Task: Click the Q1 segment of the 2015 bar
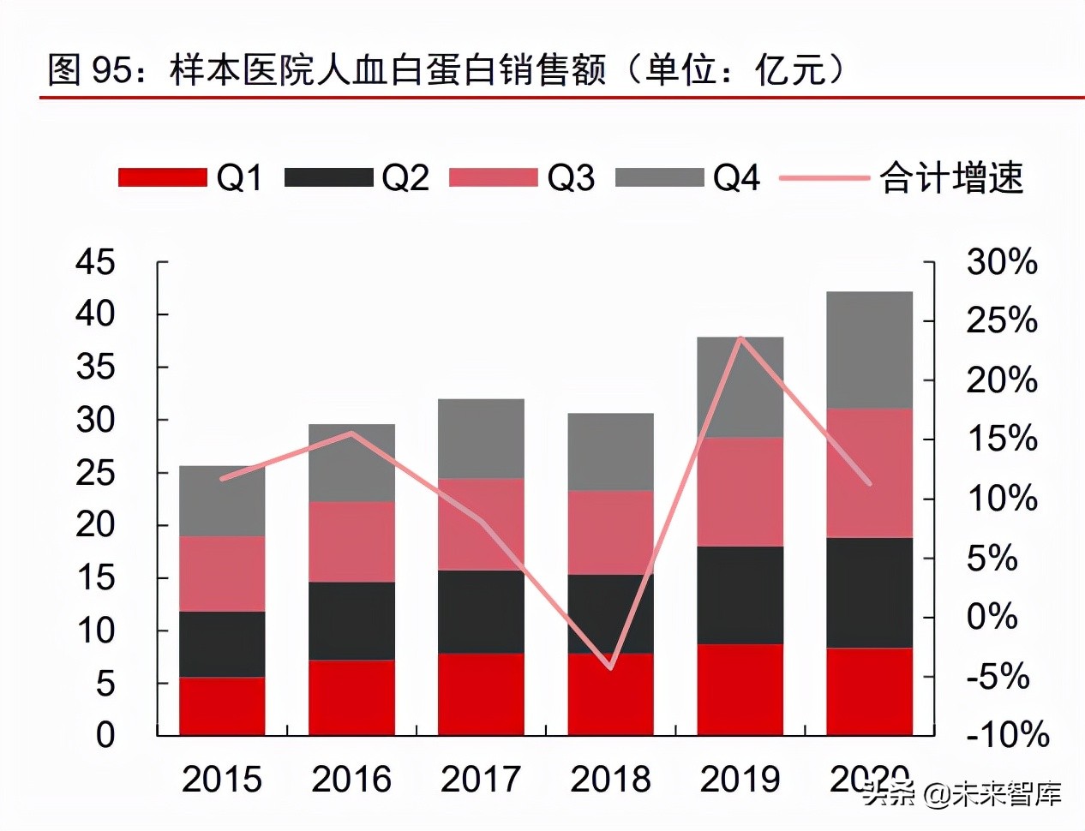point(222,706)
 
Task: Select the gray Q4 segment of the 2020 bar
point(869,350)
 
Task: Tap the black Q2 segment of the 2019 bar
point(740,595)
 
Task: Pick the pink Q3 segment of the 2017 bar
point(481,523)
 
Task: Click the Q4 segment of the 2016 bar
point(351,463)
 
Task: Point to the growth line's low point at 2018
point(610,667)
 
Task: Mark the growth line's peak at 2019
point(740,338)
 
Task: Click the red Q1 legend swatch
point(162,177)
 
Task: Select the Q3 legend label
point(570,177)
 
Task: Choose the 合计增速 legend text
point(951,177)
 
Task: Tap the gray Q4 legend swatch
point(659,177)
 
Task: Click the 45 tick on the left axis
point(95,262)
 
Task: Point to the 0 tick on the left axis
point(105,734)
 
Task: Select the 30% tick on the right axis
point(1001,262)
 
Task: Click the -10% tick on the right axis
point(1007,734)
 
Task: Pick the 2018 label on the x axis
point(610,779)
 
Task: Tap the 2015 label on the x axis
point(222,779)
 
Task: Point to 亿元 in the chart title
point(790,69)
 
